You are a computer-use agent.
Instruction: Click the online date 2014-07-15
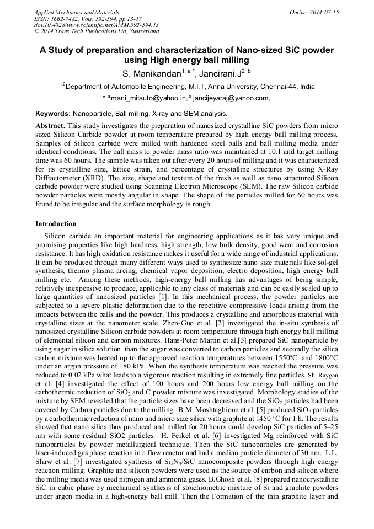click(325, 12)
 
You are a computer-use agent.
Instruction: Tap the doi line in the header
click(96, 25)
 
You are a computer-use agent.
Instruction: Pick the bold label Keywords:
click(52, 113)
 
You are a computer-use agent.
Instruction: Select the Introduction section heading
click(56, 224)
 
